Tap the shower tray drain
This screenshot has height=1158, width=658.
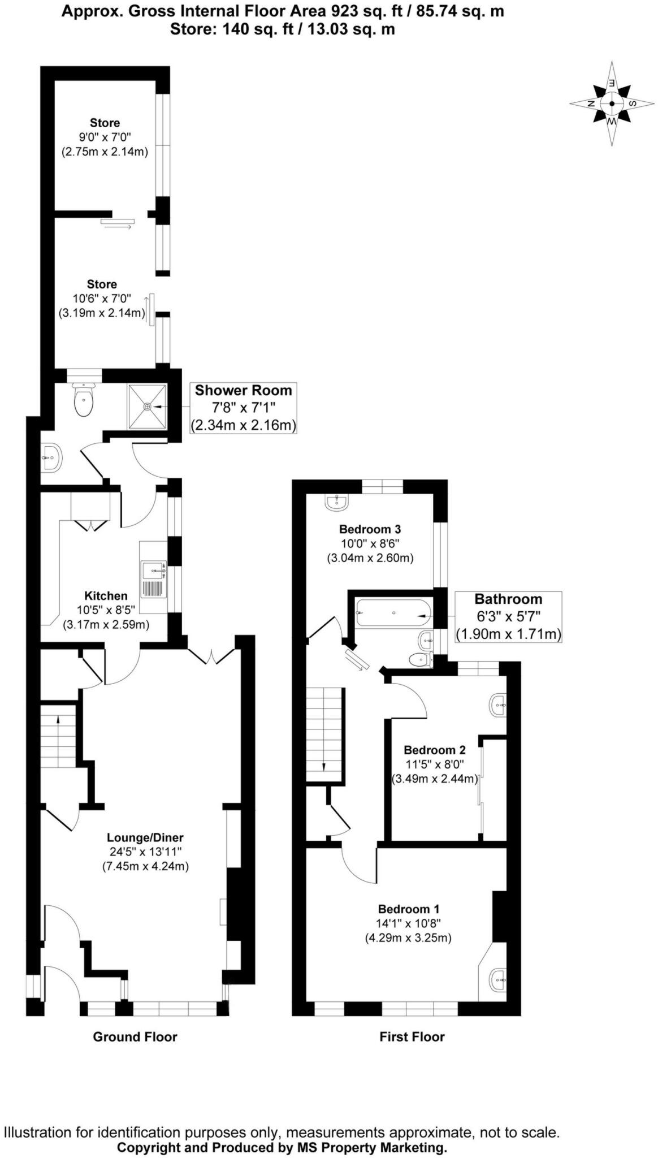[x=148, y=407]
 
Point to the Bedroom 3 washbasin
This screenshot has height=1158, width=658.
[x=337, y=501]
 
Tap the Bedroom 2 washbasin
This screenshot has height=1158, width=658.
[x=498, y=705]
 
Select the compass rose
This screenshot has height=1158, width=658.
[x=612, y=103]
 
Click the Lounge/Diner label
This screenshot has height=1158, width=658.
[x=145, y=837]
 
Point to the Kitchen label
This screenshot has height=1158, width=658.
[x=106, y=595]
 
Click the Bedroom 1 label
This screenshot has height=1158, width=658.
[x=408, y=909]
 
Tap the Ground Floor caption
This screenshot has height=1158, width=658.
[x=135, y=1036]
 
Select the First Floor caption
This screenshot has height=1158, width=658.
[x=412, y=1036]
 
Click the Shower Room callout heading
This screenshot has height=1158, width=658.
[x=243, y=390]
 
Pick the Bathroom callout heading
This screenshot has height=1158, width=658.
[x=508, y=599]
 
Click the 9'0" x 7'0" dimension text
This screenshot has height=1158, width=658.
[x=105, y=137]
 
